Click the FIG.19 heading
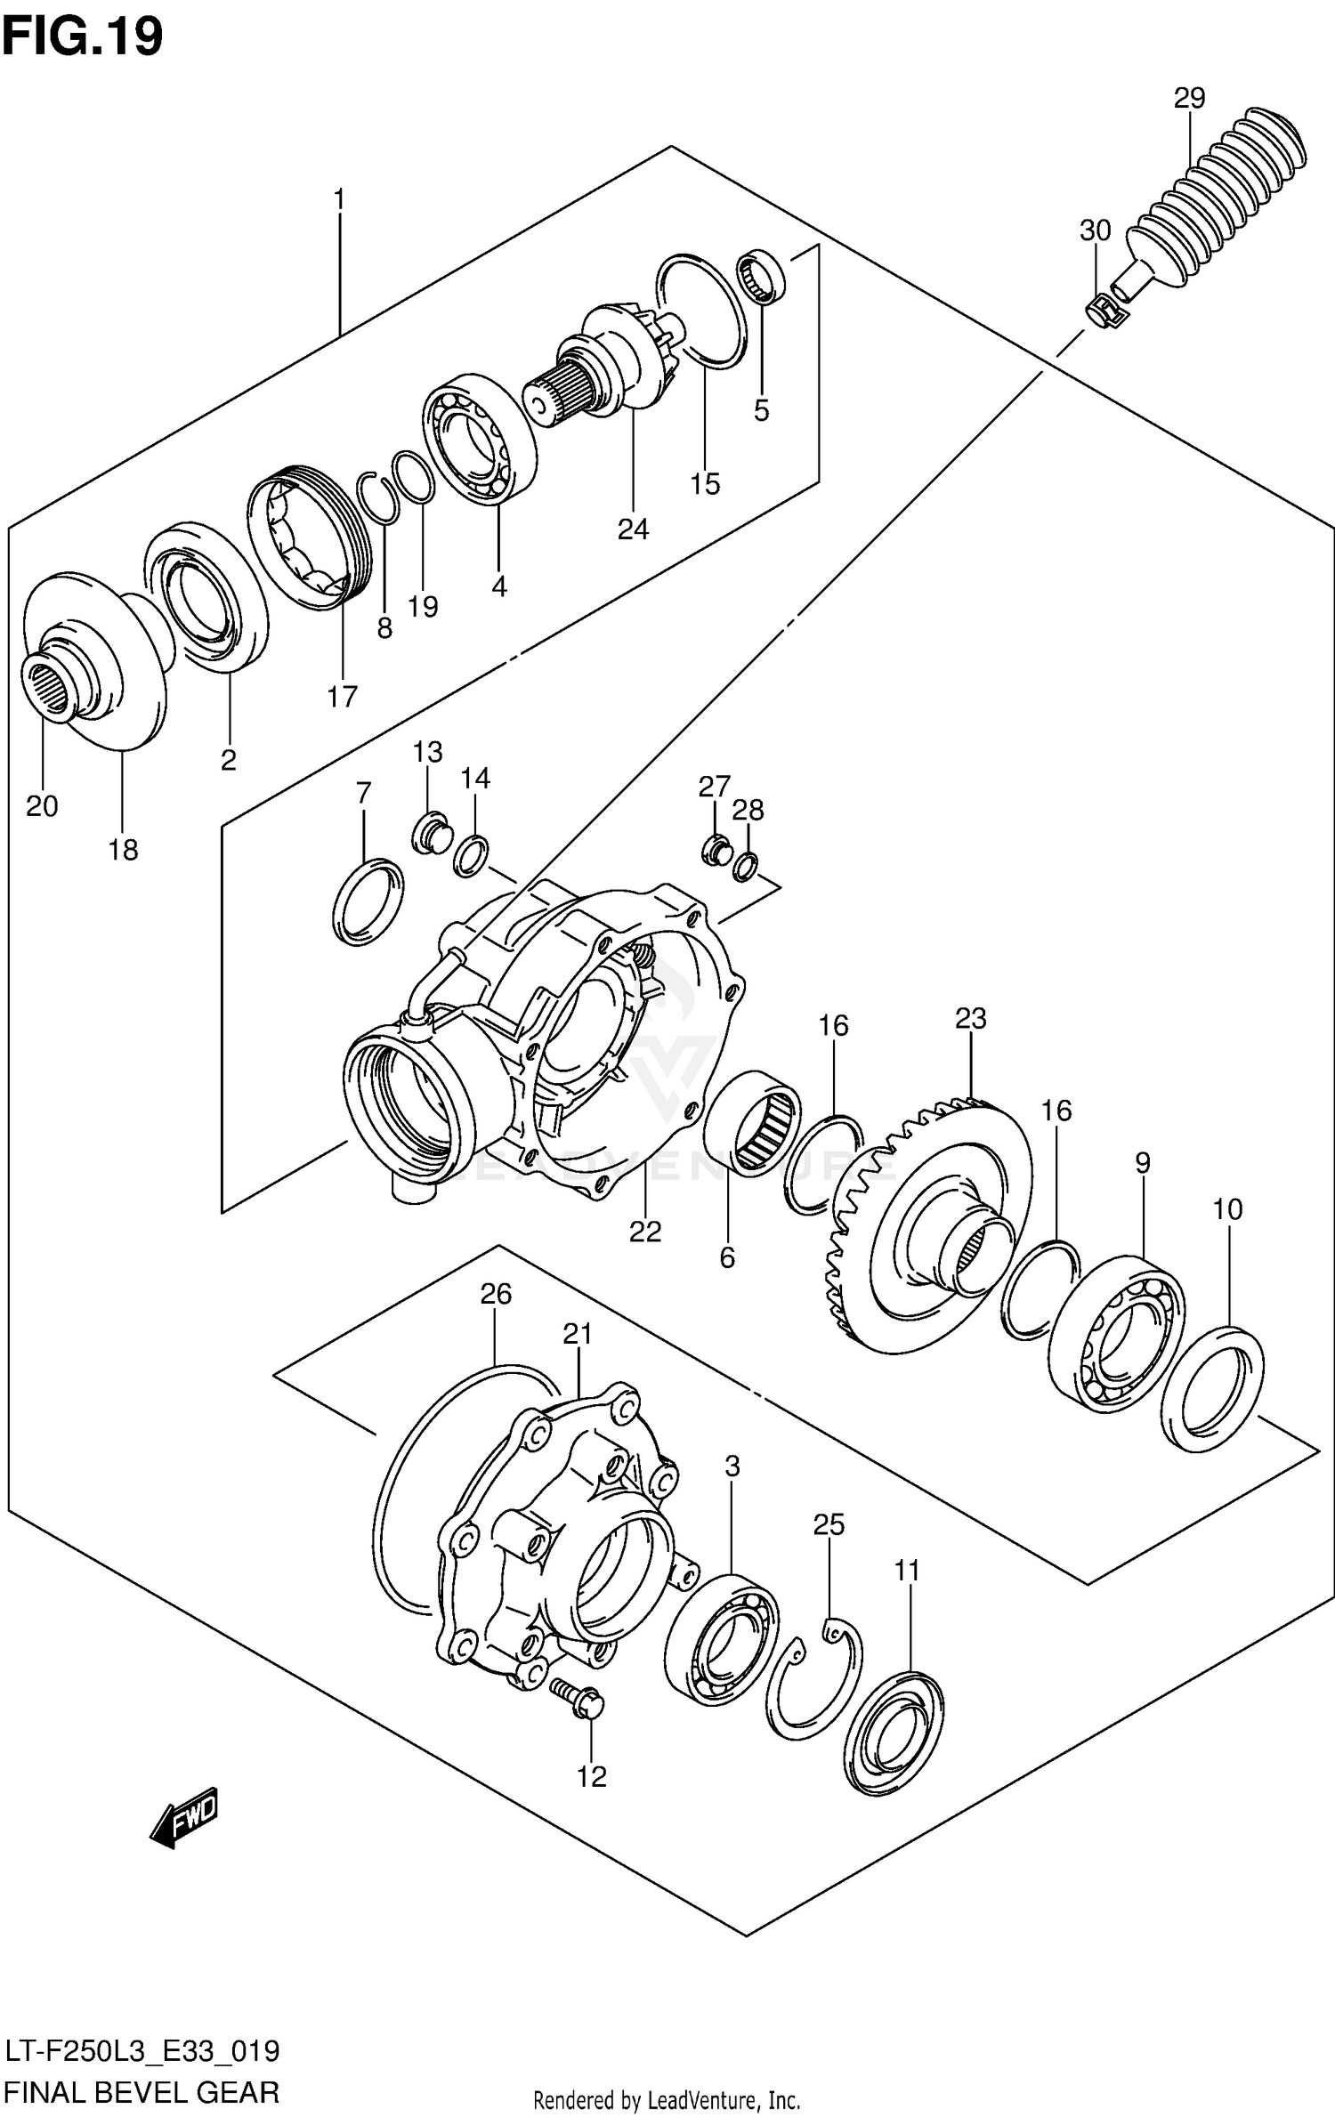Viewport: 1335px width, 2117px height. (82, 37)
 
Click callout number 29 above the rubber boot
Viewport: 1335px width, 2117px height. (1189, 98)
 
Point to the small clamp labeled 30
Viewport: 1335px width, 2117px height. (1102, 311)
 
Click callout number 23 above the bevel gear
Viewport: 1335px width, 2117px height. (971, 1018)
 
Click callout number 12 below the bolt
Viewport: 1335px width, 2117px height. (591, 1776)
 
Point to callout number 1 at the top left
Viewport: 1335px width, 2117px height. (338, 199)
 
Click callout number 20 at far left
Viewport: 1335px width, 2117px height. (42, 806)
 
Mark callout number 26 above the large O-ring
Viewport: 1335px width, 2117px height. (496, 1294)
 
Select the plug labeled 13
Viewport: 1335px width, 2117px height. (430, 833)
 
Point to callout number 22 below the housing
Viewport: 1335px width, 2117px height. (645, 1232)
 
